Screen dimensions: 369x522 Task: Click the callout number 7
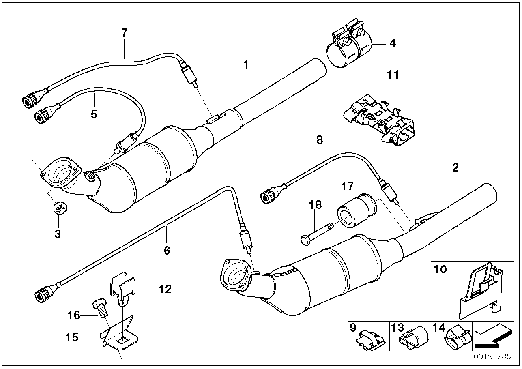click(124, 33)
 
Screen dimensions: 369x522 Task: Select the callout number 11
click(393, 75)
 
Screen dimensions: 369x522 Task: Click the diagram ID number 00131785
click(497, 357)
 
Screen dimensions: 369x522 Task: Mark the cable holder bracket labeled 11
click(377, 118)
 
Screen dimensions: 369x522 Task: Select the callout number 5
click(94, 114)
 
